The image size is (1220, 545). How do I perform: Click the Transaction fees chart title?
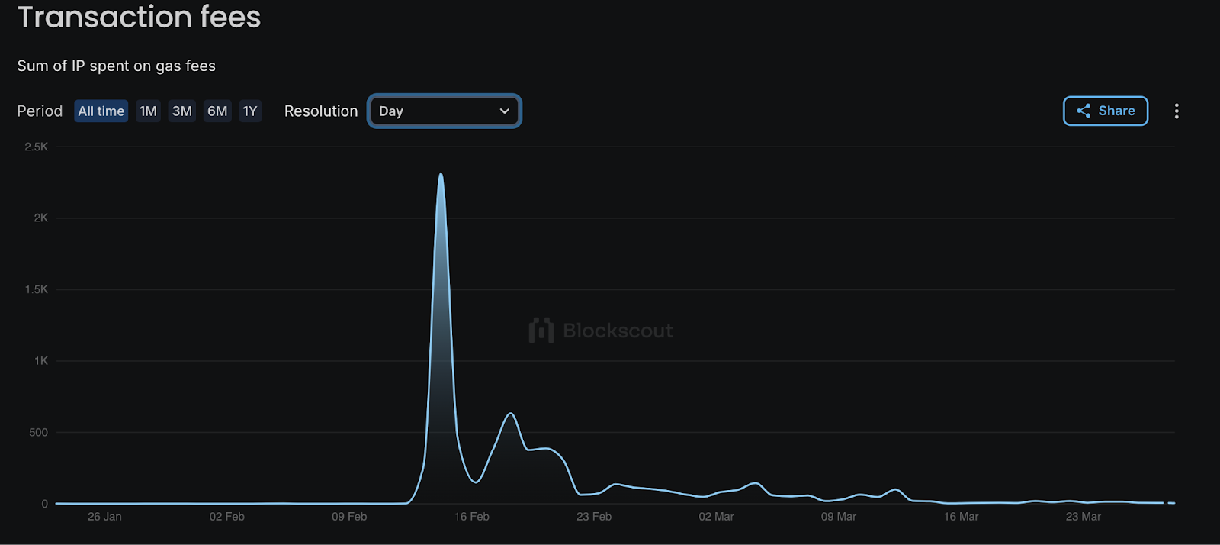tap(139, 17)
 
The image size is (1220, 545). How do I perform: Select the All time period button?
tap(101, 111)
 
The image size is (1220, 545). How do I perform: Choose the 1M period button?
tap(148, 111)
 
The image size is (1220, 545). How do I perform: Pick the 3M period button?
tap(181, 111)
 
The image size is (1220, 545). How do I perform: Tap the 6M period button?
tap(217, 111)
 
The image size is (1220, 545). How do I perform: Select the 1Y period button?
tap(250, 111)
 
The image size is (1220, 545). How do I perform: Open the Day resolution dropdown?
tap(444, 111)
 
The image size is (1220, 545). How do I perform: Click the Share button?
tap(1105, 111)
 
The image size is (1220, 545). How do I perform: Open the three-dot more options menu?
tap(1177, 111)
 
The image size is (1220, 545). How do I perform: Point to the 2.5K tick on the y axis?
tap(36, 147)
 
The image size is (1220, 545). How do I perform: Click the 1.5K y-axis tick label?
tap(36, 289)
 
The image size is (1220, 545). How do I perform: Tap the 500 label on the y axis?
tap(38, 432)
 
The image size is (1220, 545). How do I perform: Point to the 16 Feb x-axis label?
tap(471, 517)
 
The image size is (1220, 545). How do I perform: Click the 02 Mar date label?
tap(716, 517)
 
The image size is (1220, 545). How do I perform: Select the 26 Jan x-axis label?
tap(104, 517)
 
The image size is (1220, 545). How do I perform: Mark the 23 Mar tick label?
tap(1083, 517)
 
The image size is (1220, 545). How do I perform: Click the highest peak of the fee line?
tap(441, 175)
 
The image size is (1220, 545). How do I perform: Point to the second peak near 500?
tap(511, 414)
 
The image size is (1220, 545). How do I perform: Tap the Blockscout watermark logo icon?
tap(541, 331)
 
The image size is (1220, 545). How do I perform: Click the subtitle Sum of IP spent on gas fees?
tap(116, 66)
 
